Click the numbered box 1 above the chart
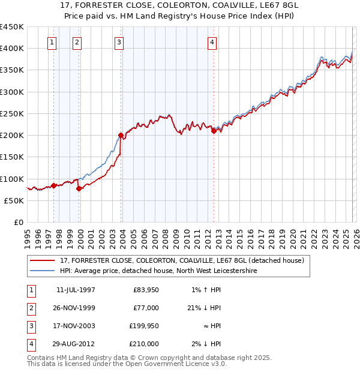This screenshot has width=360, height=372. tap(53, 42)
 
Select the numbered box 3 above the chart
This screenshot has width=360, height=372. tap(119, 42)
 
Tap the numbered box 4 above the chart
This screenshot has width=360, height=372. tap(212, 42)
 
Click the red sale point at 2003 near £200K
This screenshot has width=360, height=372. tap(121, 136)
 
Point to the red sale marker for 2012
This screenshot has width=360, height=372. tap(214, 131)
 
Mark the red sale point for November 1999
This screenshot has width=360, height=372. tap(79, 188)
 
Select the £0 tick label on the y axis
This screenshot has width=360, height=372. tap(19, 222)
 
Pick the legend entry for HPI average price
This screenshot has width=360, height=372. tap(158, 271)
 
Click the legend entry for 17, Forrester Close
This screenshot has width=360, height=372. tap(182, 260)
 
